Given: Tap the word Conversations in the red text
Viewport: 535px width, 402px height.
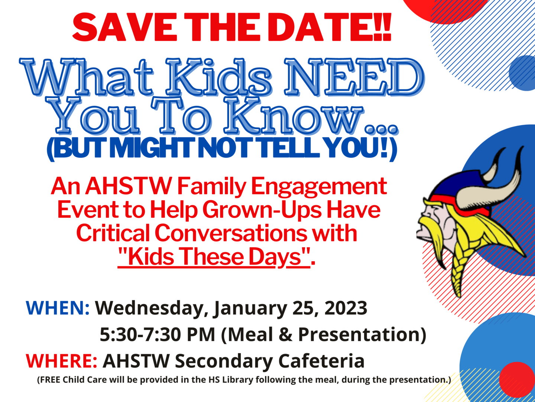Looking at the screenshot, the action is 230,233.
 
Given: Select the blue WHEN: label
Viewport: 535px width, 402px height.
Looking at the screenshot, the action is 58,308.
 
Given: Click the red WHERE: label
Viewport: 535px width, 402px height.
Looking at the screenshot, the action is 61,361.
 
